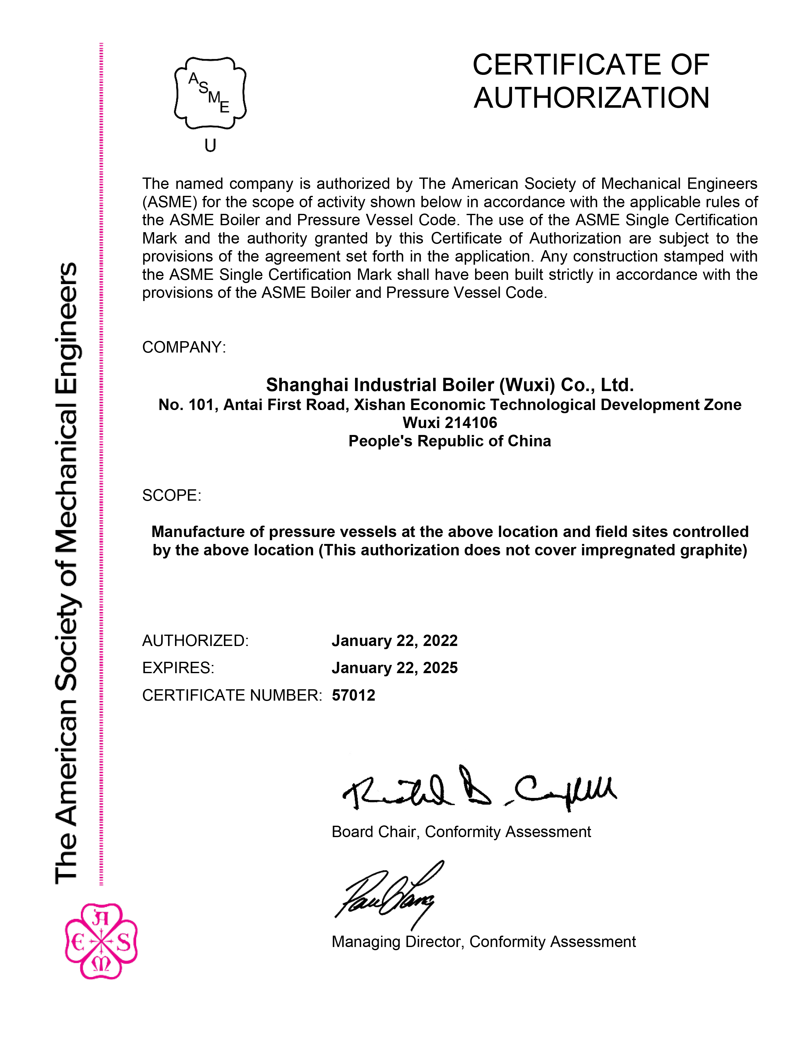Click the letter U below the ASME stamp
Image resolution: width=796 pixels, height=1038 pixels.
[x=210, y=145]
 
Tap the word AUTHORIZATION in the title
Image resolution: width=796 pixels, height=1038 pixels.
[x=591, y=98]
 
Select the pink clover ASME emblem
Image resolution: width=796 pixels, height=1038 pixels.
[x=101, y=940]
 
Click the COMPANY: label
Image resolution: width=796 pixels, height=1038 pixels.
[x=184, y=347]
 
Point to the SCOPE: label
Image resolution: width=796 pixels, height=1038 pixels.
[x=172, y=496]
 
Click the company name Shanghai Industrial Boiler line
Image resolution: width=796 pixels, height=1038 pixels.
[x=450, y=385]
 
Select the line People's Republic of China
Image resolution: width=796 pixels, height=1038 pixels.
[x=450, y=441]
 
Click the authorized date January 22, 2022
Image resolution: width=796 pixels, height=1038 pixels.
[x=394, y=641]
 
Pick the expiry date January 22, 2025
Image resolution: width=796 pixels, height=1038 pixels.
[x=394, y=668]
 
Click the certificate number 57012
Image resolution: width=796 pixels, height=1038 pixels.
[x=353, y=696]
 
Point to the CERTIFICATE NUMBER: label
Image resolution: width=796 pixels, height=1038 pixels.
[x=232, y=696]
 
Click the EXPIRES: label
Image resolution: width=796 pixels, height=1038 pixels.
[x=178, y=668]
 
